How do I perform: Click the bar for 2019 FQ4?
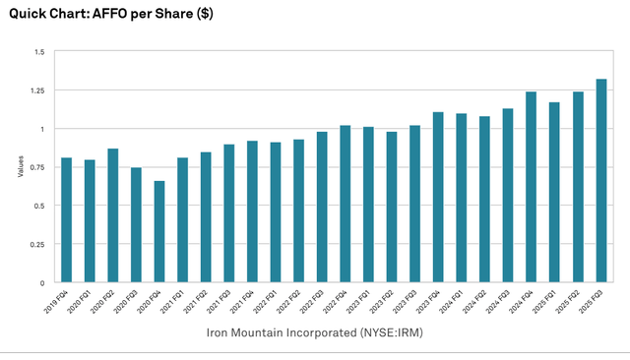(67, 220)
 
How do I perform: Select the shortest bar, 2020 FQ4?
(159, 232)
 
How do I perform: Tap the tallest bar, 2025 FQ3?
(601, 181)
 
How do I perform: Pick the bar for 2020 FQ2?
(113, 215)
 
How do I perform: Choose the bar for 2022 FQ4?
(346, 204)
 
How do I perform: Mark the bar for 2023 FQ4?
(438, 198)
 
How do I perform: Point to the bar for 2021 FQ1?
(183, 220)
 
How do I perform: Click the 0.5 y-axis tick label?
(39, 206)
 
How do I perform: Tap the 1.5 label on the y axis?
(39, 52)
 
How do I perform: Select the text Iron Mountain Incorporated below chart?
(281, 332)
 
